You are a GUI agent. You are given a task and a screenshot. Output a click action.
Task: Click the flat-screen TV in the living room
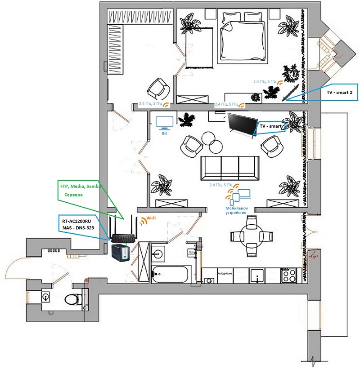(x=241, y=122)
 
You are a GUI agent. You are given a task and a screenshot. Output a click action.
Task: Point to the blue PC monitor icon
(x=164, y=122)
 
